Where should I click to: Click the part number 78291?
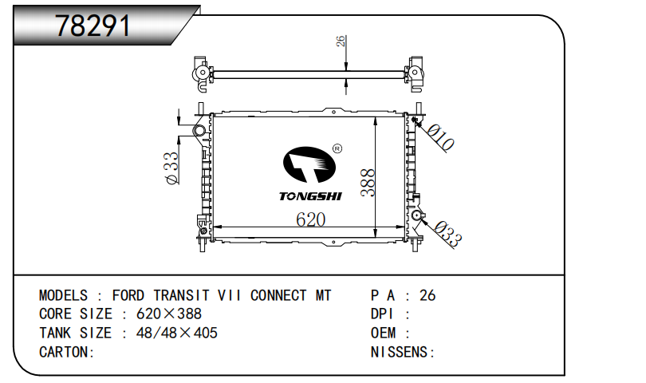click(x=93, y=26)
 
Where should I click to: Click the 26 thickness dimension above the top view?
click(x=341, y=41)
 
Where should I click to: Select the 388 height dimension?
click(x=368, y=183)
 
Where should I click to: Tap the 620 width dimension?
click(x=311, y=219)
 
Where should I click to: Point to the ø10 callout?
click(x=440, y=137)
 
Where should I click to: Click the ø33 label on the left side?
click(x=171, y=168)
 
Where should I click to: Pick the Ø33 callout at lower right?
click(x=448, y=234)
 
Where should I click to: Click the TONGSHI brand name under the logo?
click(x=310, y=196)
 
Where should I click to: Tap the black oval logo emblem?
click(x=309, y=164)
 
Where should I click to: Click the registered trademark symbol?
click(x=337, y=148)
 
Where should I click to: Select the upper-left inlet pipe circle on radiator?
click(x=199, y=131)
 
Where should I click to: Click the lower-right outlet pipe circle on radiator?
click(x=416, y=215)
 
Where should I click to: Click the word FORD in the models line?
click(x=128, y=295)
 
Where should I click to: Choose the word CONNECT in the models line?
click(x=278, y=295)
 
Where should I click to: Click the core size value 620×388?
click(x=169, y=314)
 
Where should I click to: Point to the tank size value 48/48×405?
click(x=177, y=333)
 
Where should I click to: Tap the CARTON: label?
click(x=67, y=352)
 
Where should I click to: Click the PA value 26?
click(x=427, y=295)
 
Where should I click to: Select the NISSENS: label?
click(x=403, y=352)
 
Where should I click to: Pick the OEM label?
click(x=383, y=333)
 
